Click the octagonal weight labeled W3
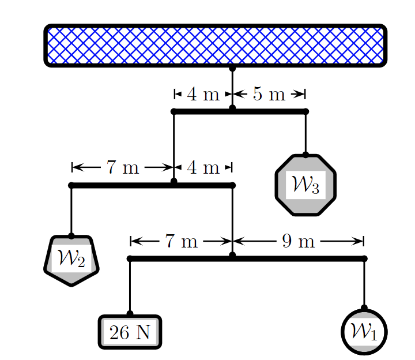(305, 185)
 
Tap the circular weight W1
(364, 332)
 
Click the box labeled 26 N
(130, 332)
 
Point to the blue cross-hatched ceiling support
(215, 46)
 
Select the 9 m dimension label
(298, 241)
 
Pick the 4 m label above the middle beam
(203, 168)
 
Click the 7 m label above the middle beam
(122, 168)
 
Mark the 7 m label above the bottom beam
(181, 241)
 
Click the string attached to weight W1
(364, 283)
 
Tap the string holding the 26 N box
(130, 286)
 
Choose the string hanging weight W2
(71, 211)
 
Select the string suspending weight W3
(305, 133)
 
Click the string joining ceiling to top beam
(232, 87)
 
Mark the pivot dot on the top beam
(232, 108)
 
